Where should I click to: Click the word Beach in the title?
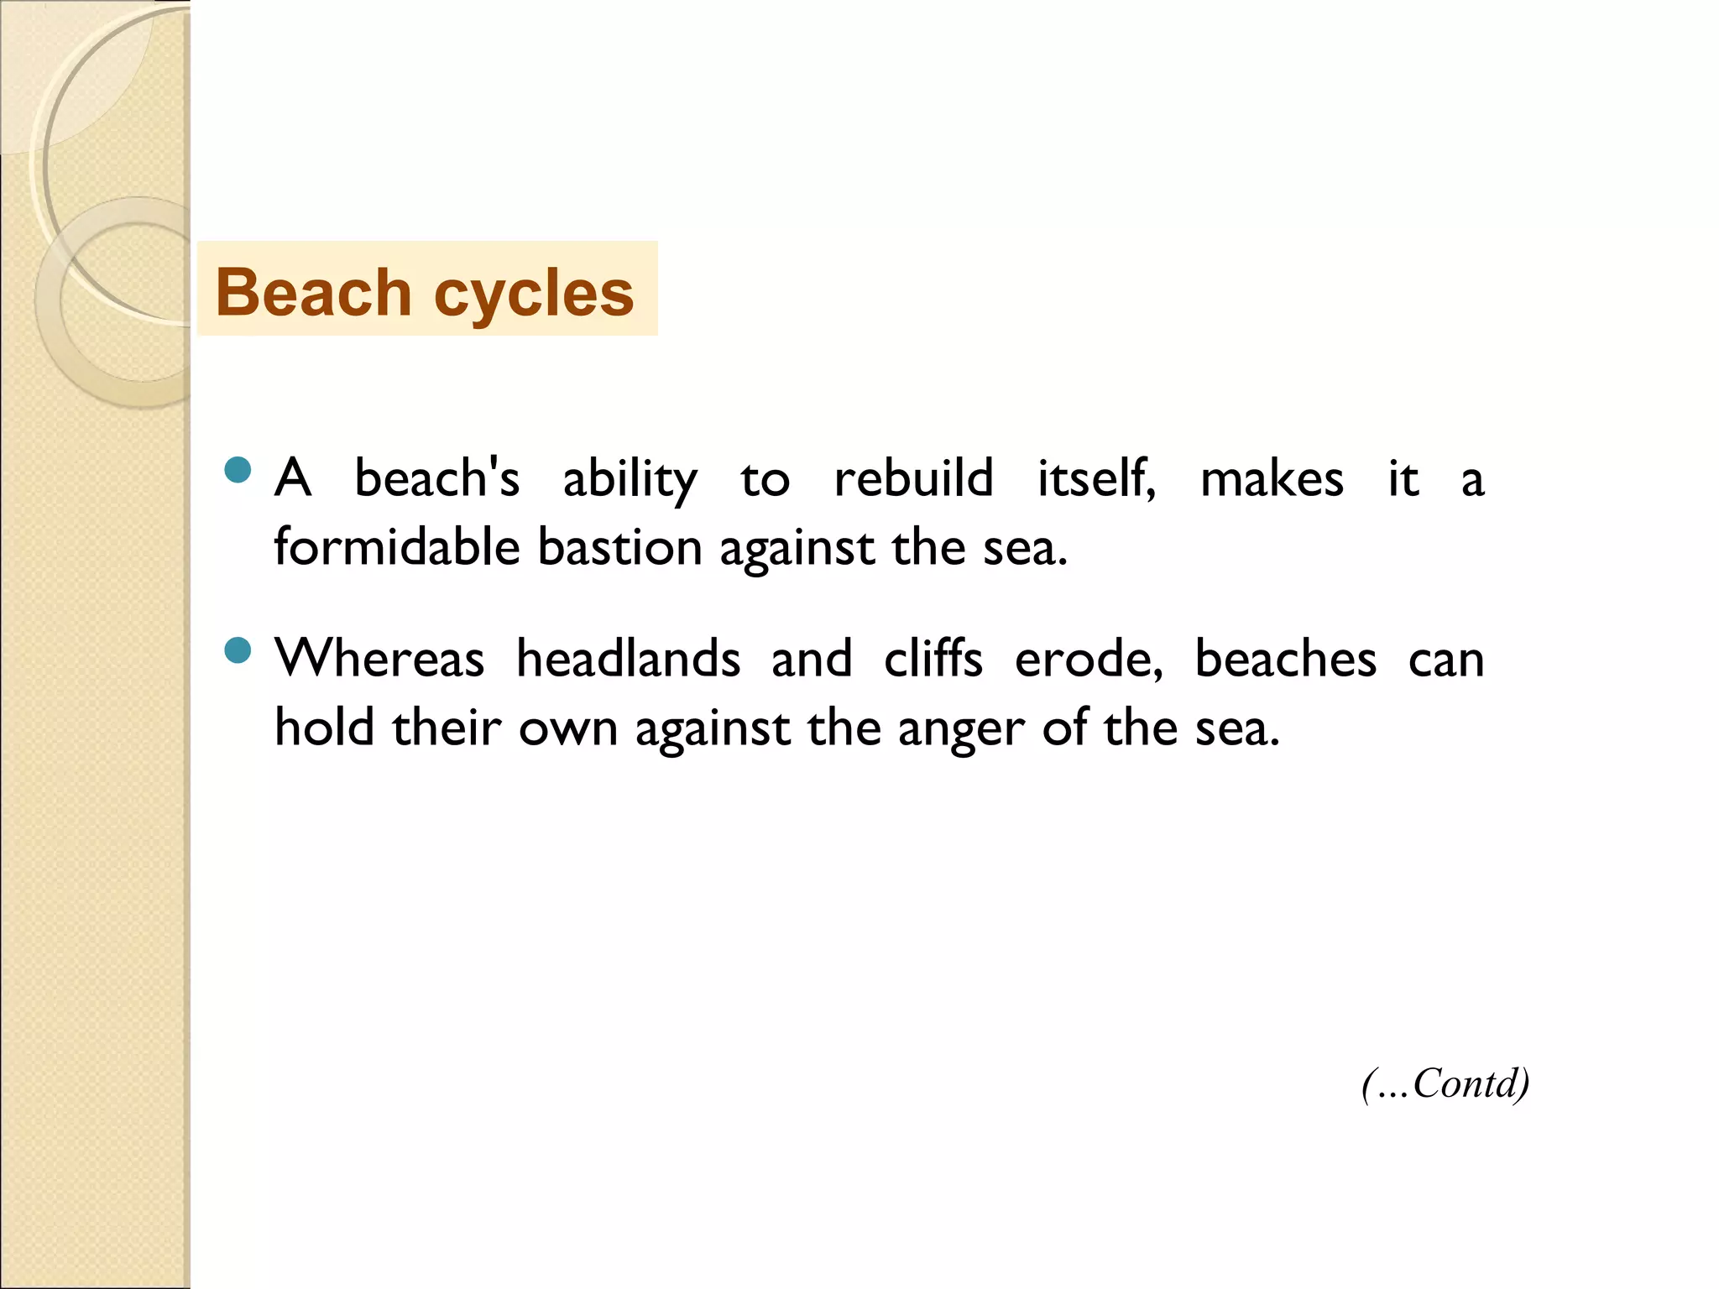click(x=313, y=293)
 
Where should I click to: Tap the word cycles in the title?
click(x=534, y=295)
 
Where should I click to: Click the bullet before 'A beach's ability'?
click(x=238, y=470)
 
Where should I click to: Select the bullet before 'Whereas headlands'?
click(x=238, y=650)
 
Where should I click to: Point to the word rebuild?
click(x=913, y=478)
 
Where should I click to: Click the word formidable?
click(x=397, y=547)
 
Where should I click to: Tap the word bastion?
click(x=619, y=547)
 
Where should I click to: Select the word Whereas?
click(x=379, y=658)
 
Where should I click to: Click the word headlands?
click(x=628, y=658)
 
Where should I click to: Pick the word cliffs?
click(x=933, y=658)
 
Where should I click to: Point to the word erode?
click(x=1088, y=660)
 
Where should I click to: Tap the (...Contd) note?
click(x=1445, y=1083)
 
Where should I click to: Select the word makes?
click(x=1272, y=478)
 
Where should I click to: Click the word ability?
click(x=630, y=480)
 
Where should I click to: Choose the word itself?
click(x=1095, y=478)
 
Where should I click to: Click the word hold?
click(x=324, y=727)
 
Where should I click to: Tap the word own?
click(x=568, y=728)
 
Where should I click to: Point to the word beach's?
click(x=436, y=478)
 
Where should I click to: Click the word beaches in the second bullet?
click(x=1285, y=658)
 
